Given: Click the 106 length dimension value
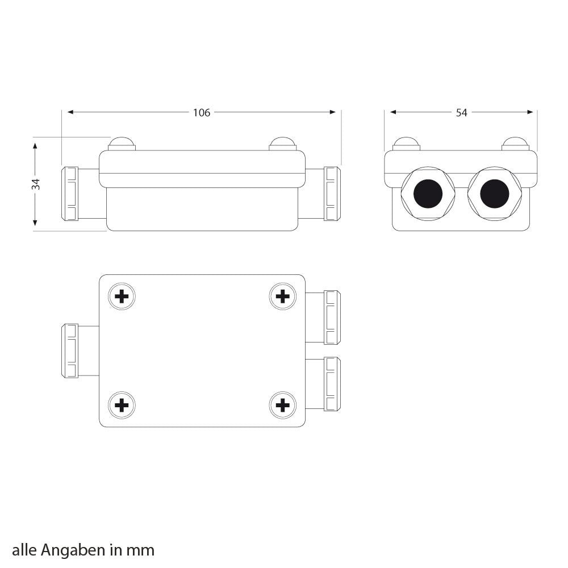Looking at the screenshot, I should [201, 112].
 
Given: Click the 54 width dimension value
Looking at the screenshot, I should [461, 112].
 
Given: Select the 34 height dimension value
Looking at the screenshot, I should [36, 183].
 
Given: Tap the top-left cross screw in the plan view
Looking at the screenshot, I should [122, 296].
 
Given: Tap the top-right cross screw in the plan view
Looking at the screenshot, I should [282, 296].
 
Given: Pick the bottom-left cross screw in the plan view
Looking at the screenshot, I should [122, 405].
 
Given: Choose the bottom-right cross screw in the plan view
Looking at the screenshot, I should [282, 405].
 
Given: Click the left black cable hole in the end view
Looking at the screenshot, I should [428, 194].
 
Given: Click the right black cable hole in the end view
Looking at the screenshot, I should [494, 194].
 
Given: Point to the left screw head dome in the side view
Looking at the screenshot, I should [122, 144].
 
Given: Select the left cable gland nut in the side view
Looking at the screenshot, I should [69, 194].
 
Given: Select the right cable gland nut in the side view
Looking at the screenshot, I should [332, 194].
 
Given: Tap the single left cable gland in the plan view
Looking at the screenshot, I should [69, 351].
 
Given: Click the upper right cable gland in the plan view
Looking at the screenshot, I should [332, 318].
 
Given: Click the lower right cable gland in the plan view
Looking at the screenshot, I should [332, 384].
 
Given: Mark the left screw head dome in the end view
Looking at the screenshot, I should [406, 144].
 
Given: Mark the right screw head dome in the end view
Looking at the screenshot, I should [515, 144].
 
